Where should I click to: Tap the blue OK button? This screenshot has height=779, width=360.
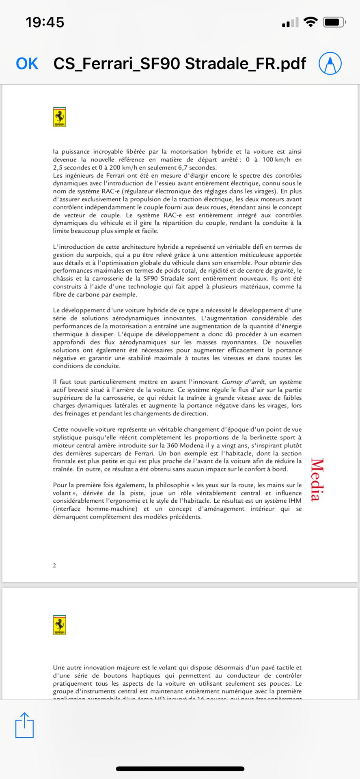pyautogui.click(x=27, y=64)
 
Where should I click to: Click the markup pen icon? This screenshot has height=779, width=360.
pyautogui.click(x=330, y=64)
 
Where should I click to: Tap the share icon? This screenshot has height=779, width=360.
pyautogui.click(x=24, y=725)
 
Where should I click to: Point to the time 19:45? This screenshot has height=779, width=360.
pyautogui.click(x=45, y=22)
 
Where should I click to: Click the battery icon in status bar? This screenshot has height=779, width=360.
pyautogui.click(x=334, y=22)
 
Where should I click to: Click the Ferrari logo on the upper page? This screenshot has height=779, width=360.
pyautogui.click(x=60, y=117)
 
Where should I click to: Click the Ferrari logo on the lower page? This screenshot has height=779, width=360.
pyautogui.click(x=60, y=625)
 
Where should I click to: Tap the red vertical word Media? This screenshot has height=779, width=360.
pyautogui.click(x=317, y=480)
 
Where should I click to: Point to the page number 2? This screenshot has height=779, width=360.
pyautogui.click(x=54, y=566)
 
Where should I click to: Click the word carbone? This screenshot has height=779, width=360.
pyautogui.click(x=85, y=295)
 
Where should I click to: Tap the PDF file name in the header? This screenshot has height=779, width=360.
pyautogui.click(x=180, y=64)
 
